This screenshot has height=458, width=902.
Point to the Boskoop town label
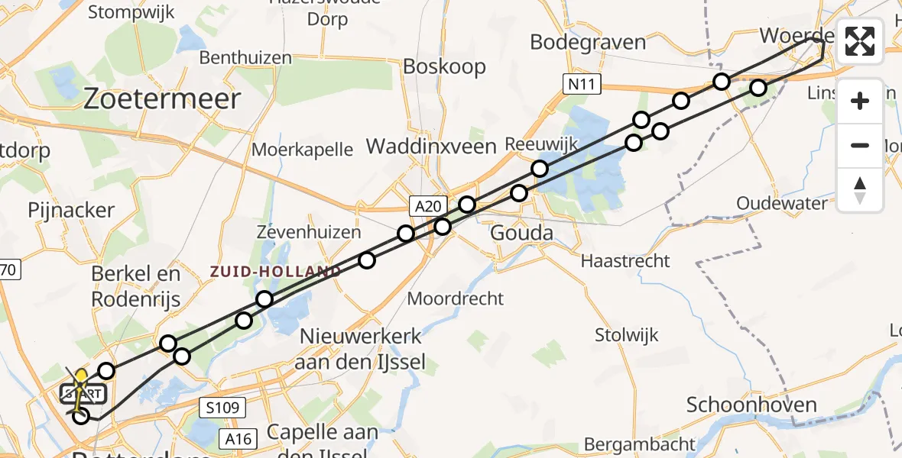(444, 67)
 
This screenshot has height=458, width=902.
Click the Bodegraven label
(588, 41)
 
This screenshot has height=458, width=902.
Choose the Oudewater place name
(782, 204)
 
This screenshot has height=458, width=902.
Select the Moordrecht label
(455, 298)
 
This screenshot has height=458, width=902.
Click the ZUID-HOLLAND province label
(276, 272)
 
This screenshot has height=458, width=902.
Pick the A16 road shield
(238, 438)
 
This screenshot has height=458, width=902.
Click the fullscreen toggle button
(860, 41)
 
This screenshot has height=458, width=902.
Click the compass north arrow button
(860, 190)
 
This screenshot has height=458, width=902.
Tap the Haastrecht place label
(625, 261)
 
